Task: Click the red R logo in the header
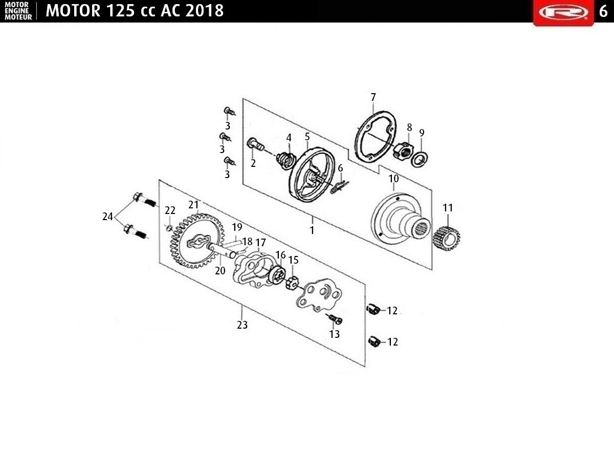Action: pos(563,12)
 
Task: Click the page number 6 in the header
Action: pos(603,11)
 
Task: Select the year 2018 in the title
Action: pos(204,11)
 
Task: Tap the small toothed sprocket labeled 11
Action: pos(447,239)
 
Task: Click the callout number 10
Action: pos(393,179)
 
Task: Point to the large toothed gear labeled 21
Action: pos(197,241)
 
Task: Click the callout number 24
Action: pos(108,217)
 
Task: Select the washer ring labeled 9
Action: pos(420,160)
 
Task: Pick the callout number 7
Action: pos(373,97)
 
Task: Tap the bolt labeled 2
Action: pos(255,145)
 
